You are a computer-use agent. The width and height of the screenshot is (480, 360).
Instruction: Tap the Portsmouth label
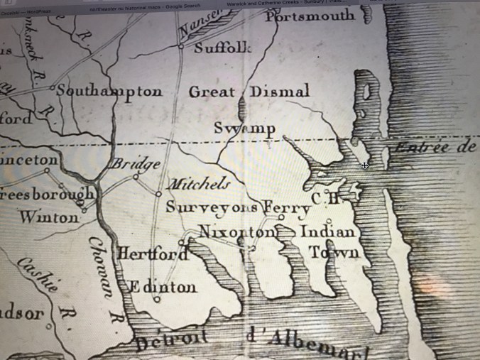click(x=310, y=16)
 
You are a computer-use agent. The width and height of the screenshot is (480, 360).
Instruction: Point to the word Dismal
click(x=280, y=92)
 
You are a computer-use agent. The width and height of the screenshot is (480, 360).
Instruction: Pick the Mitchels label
click(x=198, y=184)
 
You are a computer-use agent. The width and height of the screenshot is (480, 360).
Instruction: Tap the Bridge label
click(x=135, y=164)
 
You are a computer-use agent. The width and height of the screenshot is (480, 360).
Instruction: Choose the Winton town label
click(x=49, y=217)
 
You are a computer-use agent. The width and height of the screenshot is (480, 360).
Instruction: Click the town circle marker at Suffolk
click(x=182, y=48)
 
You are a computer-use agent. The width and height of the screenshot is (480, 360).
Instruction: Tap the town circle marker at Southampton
click(x=53, y=88)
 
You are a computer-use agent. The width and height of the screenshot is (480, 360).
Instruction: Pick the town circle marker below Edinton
click(x=157, y=300)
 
